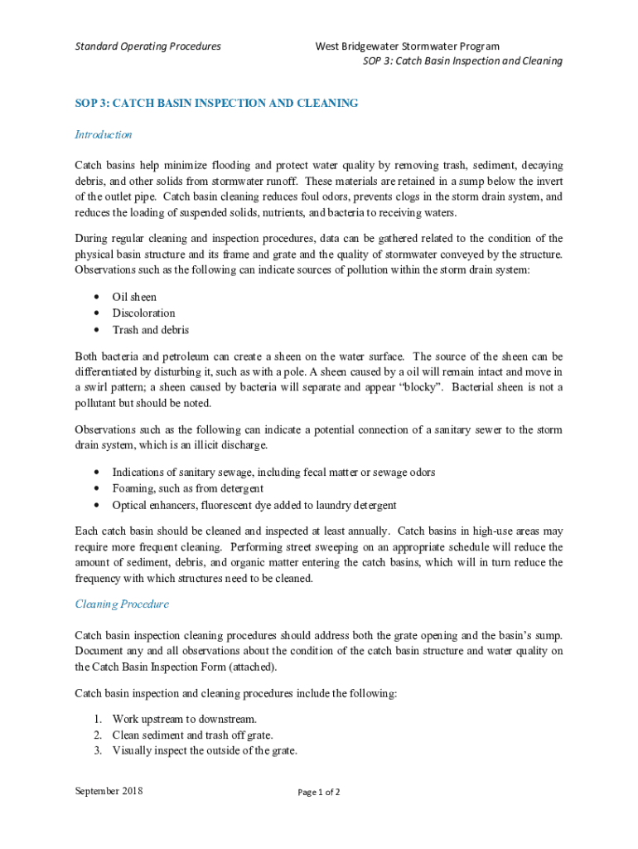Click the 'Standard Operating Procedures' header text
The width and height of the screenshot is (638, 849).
pyautogui.click(x=148, y=46)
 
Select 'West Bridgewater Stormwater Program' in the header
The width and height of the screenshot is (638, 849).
pyautogui.click(x=407, y=46)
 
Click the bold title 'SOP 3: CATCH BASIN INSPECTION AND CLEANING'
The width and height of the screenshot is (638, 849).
pyautogui.click(x=216, y=104)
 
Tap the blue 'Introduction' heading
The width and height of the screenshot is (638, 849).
pyautogui.click(x=104, y=134)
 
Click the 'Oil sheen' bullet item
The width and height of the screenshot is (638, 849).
pyautogui.click(x=134, y=297)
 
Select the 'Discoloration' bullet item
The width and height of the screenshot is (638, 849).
pyautogui.click(x=144, y=313)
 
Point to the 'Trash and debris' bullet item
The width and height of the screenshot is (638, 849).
pyautogui.click(x=151, y=330)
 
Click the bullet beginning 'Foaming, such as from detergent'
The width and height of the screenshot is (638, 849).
pyautogui.click(x=188, y=488)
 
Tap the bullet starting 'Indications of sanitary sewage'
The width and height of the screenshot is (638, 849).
pyautogui.click(x=273, y=473)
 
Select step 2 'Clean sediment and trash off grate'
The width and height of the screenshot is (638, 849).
pyautogui.click(x=193, y=735)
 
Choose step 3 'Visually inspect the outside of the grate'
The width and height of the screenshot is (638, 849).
pyautogui.click(x=205, y=751)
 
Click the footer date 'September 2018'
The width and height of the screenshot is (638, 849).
pyautogui.click(x=109, y=791)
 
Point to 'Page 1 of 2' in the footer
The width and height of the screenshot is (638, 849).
pyautogui.click(x=319, y=792)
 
